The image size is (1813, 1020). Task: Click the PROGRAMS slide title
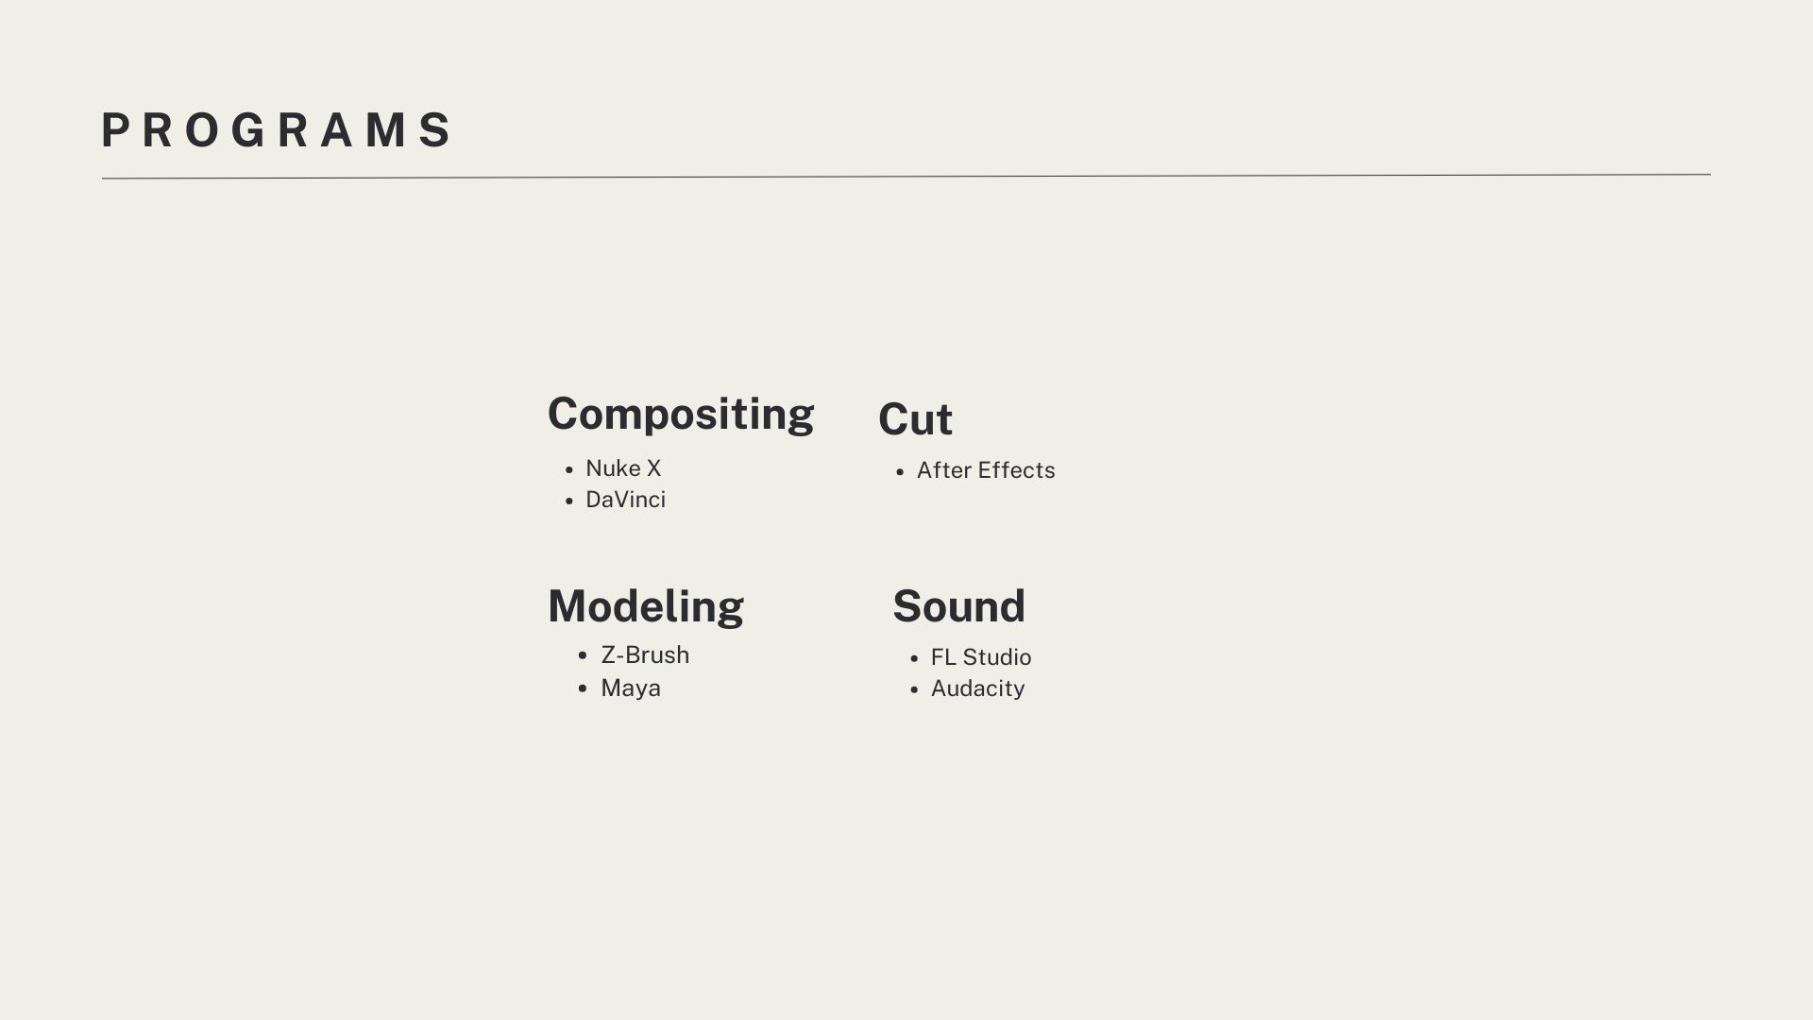coord(277,130)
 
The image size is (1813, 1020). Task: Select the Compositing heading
coord(681,415)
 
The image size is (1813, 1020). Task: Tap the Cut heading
coord(915,419)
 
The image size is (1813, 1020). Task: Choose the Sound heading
coord(958,606)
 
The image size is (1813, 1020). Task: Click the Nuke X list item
coord(623,468)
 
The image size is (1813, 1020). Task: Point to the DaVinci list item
coord(625,500)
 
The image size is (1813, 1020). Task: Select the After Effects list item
coord(986,470)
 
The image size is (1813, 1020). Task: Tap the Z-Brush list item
coord(645,654)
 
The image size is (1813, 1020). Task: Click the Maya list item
coord(631,688)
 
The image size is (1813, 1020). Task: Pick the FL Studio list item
coord(981,657)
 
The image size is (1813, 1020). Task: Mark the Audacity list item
coord(977,688)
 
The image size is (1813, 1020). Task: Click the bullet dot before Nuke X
coord(568,469)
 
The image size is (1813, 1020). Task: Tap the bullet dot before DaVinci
coord(568,501)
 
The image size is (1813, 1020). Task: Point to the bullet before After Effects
coord(900,471)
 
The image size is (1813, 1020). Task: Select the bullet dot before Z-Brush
coord(583,655)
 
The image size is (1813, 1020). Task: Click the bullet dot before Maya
coord(583,688)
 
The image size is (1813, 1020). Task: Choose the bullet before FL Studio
coord(914,658)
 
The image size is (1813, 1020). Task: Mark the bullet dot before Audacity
coord(914,689)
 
